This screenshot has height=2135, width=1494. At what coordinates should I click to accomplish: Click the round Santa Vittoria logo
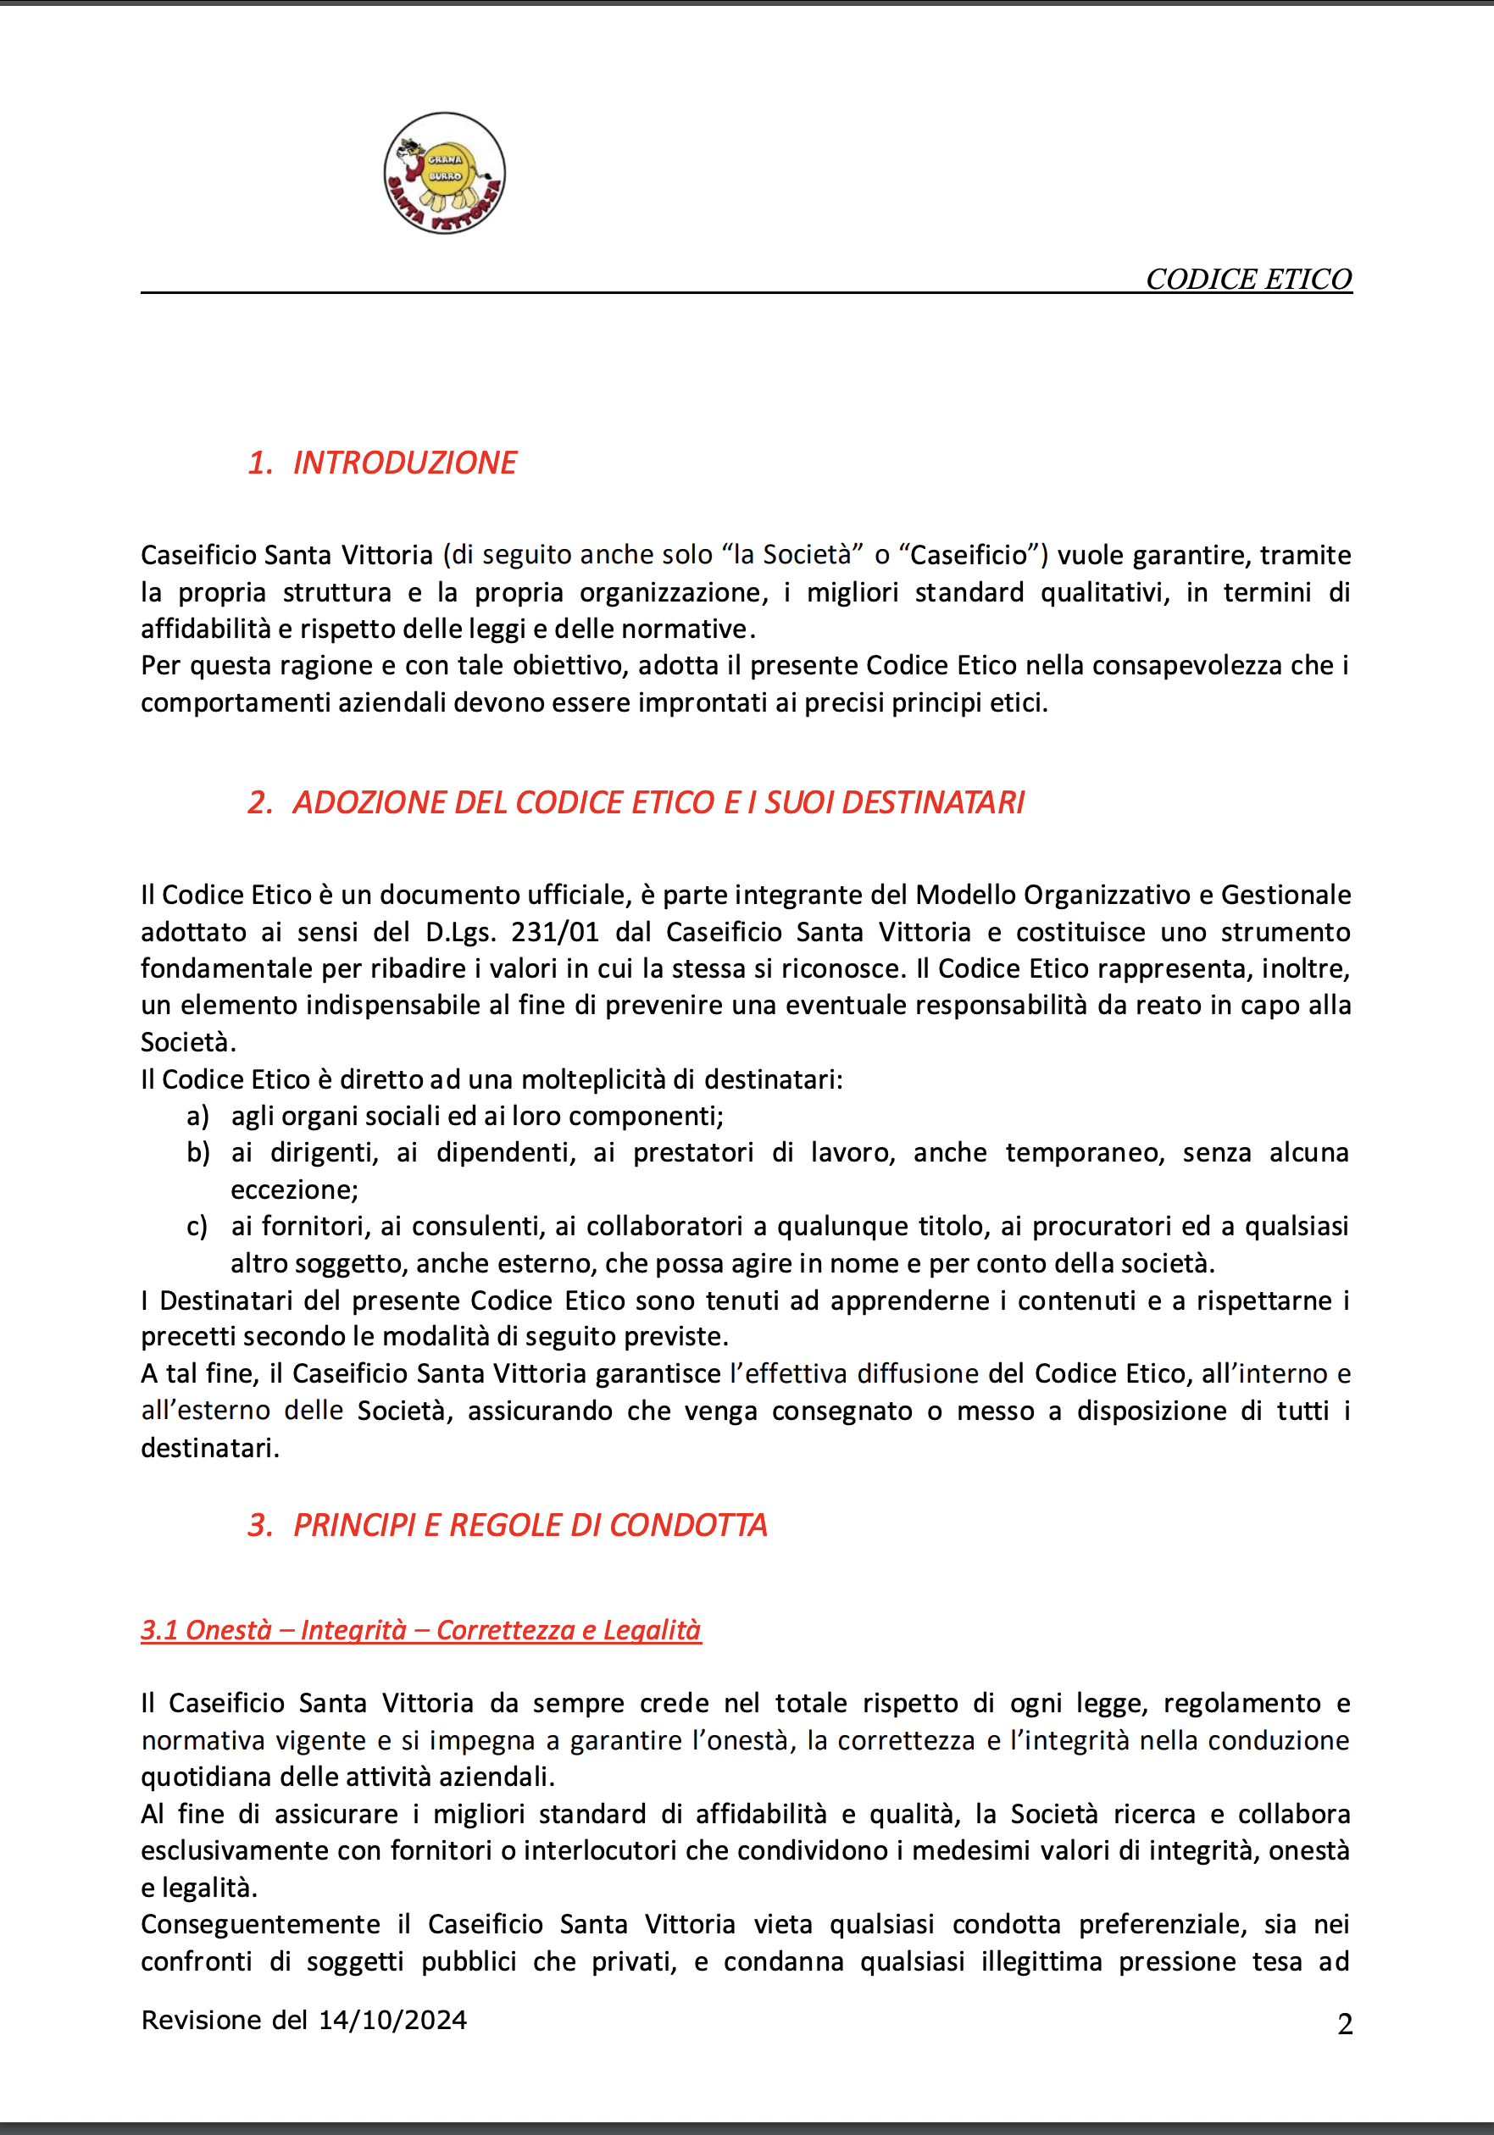pyautogui.click(x=445, y=173)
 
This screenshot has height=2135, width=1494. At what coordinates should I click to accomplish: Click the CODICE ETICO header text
pyautogui.click(x=1248, y=279)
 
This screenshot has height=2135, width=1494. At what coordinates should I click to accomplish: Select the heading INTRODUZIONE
pyautogui.click(x=405, y=462)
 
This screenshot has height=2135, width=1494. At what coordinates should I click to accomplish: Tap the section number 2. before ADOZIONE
pyautogui.click(x=259, y=802)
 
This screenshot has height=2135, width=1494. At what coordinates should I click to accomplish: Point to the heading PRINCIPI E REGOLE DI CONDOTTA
pyautogui.click(x=530, y=1525)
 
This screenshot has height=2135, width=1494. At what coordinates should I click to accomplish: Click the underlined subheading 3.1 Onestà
pyautogui.click(x=420, y=1630)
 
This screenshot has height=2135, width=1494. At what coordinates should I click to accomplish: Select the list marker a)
pyautogui.click(x=197, y=1116)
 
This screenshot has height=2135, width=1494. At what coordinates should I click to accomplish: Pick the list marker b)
pyautogui.click(x=197, y=1153)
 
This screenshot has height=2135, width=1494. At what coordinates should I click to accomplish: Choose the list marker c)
pyautogui.click(x=197, y=1227)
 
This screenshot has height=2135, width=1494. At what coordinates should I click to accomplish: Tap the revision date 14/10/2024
pyautogui.click(x=392, y=2020)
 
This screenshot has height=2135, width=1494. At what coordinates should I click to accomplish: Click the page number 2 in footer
pyautogui.click(x=1344, y=2024)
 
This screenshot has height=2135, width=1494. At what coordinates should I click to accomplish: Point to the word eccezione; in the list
pyautogui.click(x=294, y=1190)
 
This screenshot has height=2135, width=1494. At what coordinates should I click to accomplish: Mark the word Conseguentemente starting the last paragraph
pyautogui.click(x=260, y=1924)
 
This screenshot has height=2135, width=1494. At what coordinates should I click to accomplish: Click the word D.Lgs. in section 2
pyautogui.click(x=460, y=932)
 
